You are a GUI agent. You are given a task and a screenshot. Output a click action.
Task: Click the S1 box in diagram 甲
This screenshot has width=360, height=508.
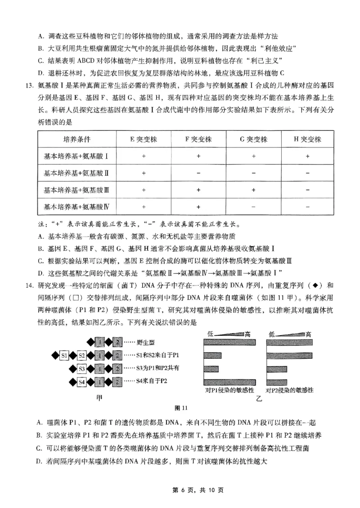pyautogui.click(x=64, y=356)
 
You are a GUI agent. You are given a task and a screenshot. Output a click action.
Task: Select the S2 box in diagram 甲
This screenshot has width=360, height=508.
pyautogui.click(x=81, y=356)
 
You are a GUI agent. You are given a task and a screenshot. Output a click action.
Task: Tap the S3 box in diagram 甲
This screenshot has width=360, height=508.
pyautogui.click(x=81, y=369)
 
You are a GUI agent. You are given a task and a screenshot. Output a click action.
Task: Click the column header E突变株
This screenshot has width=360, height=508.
pyautogui.click(x=144, y=139)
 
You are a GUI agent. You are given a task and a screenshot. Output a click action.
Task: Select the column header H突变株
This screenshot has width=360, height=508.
pyautogui.click(x=307, y=139)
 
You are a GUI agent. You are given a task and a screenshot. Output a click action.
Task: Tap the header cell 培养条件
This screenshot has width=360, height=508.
pyautogui.click(x=74, y=139)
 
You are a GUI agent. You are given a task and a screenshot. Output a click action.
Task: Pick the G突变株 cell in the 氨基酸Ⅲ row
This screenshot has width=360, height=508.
pyautogui.click(x=253, y=190)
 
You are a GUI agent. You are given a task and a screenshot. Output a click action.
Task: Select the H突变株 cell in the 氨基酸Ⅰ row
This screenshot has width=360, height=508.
pyautogui.click(x=307, y=156)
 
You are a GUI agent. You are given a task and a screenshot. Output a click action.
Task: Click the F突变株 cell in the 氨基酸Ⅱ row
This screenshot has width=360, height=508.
pyautogui.click(x=198, y=173)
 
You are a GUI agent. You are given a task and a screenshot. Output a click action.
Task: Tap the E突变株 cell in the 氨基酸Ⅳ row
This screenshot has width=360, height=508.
pyautogui.click(x=144, y=207)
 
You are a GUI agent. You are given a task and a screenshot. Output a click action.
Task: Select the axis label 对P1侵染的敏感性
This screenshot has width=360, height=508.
pyautogui.click(x=228, y=390)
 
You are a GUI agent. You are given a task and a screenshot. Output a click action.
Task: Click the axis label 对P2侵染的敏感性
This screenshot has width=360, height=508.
pyautogui.click(x=289, y=390)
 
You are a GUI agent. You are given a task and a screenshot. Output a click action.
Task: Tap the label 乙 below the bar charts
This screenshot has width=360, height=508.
pyautogui.click(x=259, y=399)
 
